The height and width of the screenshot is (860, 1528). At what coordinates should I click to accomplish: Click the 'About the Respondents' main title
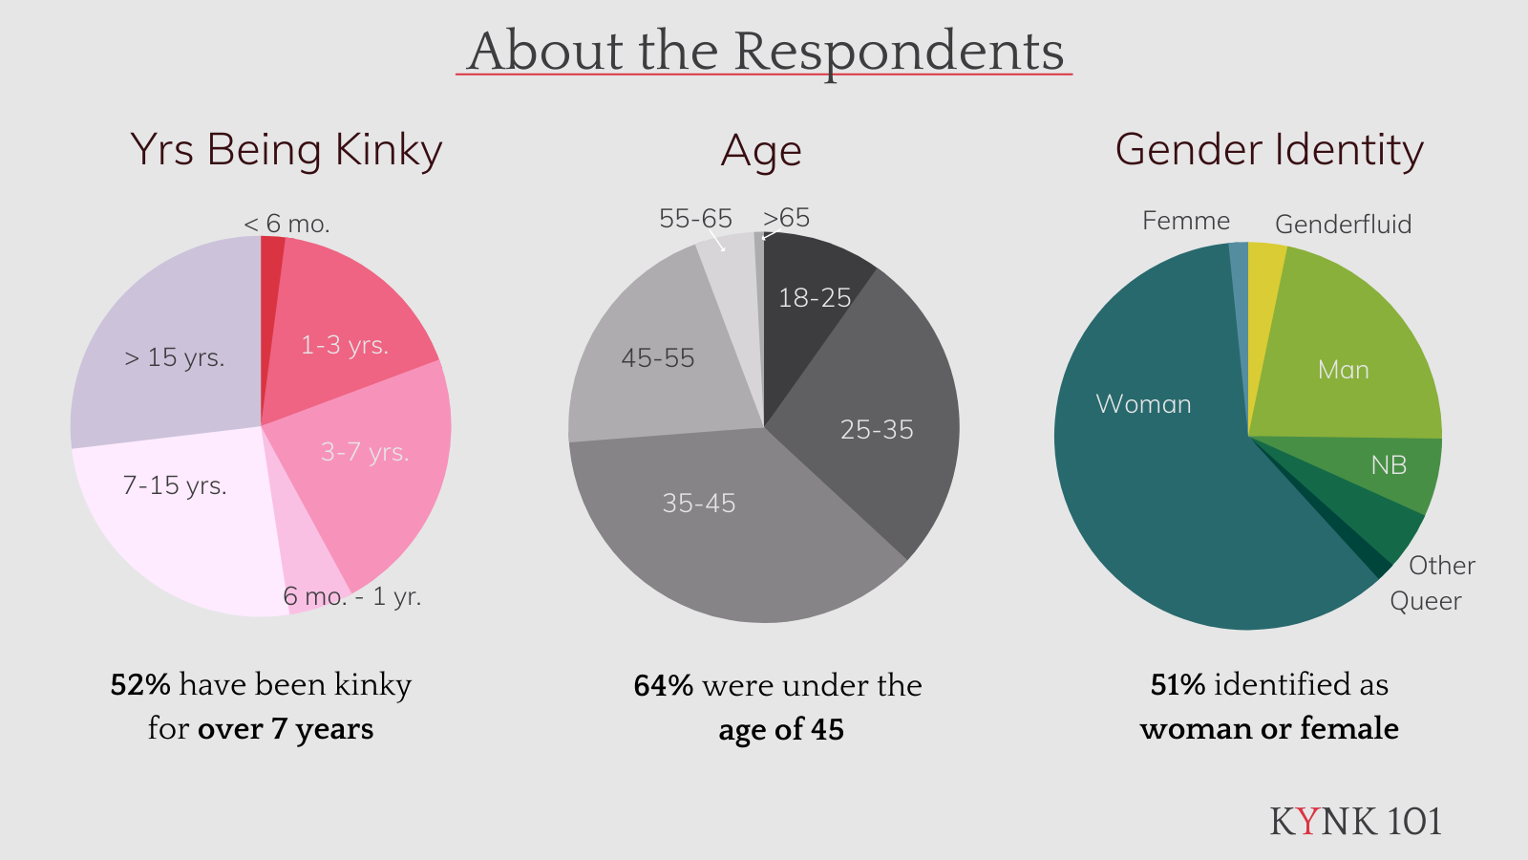click(x=765, y=51)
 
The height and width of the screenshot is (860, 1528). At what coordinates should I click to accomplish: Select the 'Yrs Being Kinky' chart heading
click(x=286, y=150)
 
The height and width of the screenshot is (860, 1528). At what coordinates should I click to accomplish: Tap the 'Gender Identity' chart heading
click(x=1269, y=150)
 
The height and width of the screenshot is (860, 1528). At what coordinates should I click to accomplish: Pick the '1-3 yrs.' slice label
click(x=345, y=345)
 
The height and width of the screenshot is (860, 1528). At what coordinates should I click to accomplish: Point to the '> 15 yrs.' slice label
click(x=175, y=357)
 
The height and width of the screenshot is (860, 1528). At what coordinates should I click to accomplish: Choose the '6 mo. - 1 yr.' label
click(x=351, y=596)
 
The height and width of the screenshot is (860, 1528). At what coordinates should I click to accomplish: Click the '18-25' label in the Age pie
click(x=814, y=298)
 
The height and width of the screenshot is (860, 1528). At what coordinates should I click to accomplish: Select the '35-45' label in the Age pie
click(x=699, y=504)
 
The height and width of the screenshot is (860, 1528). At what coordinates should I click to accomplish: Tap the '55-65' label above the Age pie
click(x=695, y=219)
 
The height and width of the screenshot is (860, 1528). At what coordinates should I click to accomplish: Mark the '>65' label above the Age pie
click(x=786, y=218)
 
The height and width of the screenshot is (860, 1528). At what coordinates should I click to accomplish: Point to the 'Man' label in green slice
click(x=1343, y=370)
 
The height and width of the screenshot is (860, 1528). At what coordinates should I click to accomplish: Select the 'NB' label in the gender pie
click(x=1389, y=465)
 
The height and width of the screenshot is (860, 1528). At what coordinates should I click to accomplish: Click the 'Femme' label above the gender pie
click(x=1186, y=221)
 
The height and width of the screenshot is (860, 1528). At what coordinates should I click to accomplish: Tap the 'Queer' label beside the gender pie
click(x=1425, y=601)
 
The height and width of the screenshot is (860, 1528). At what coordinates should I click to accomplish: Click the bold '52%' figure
click(x=140, y=685)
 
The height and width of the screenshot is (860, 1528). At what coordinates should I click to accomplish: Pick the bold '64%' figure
click(x=663, y=686)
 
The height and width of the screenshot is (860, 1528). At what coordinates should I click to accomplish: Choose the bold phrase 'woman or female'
click(x=1269, y=729)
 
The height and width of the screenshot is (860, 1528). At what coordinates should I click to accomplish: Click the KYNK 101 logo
click(x=1355, y=822)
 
